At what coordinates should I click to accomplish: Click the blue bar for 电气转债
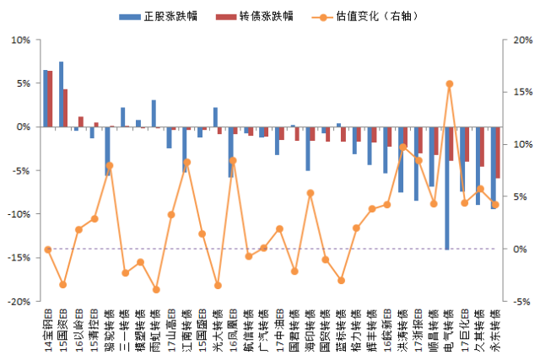446,188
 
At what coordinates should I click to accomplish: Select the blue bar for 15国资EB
62,94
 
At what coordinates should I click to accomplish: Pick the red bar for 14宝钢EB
51,99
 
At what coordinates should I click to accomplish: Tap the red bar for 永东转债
498,153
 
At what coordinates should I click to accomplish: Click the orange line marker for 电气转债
449,84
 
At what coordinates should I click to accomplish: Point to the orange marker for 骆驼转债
110,165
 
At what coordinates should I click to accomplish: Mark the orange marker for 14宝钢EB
48,250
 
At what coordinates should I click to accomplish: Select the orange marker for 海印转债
310,193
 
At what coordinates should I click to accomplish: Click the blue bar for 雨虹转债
154,113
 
